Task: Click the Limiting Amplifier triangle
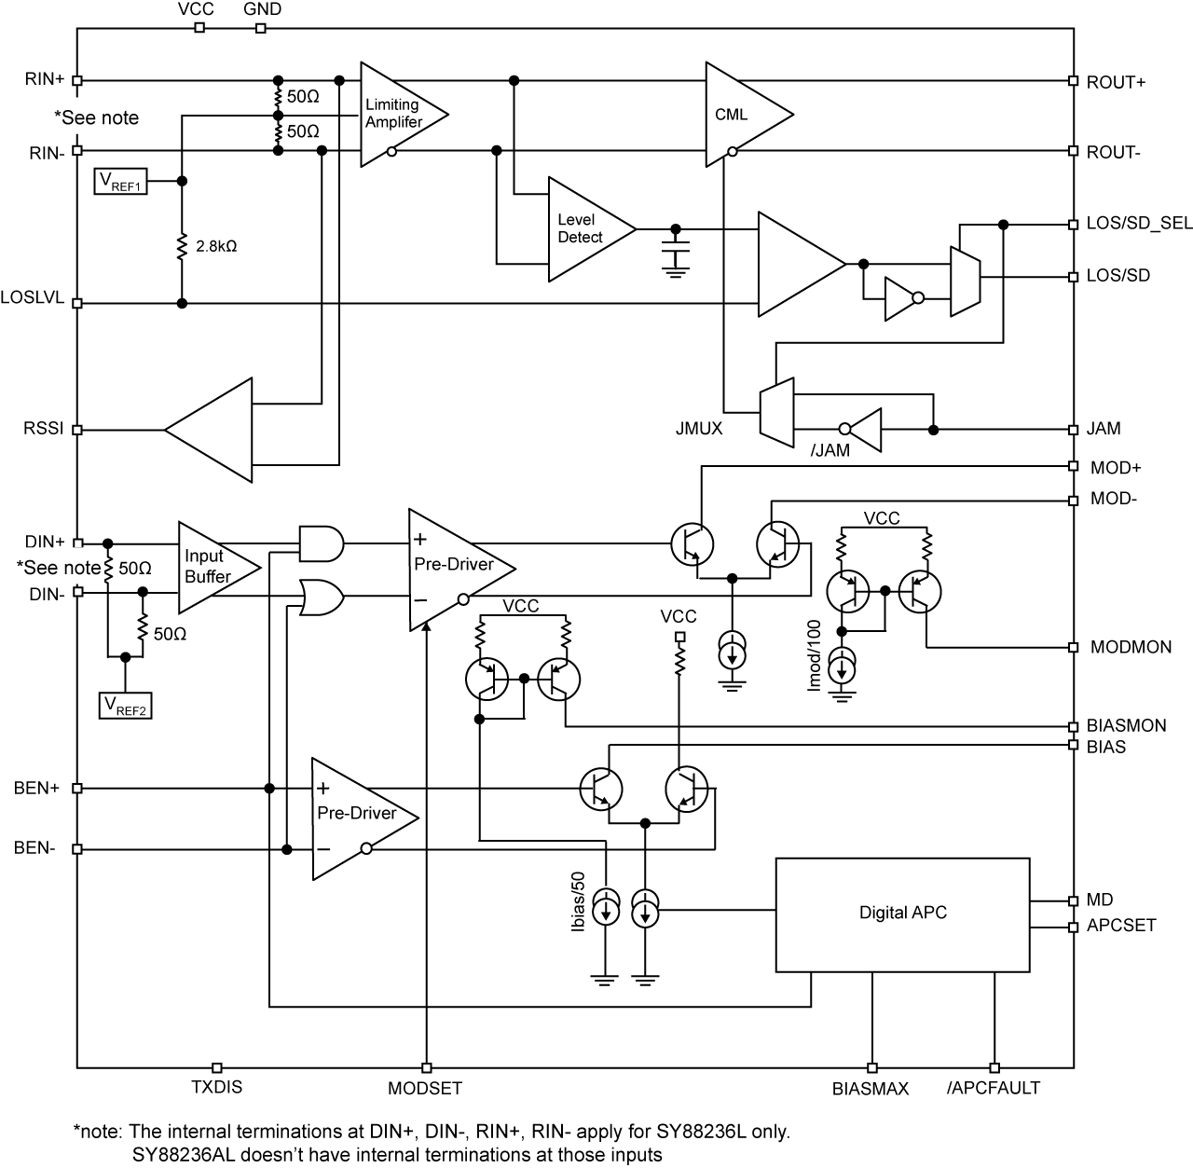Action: point(396,114)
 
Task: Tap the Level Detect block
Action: point(583,228)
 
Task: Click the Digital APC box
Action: point(902,914)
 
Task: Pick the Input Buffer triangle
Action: point(210,567)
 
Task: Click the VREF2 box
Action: point(126,706)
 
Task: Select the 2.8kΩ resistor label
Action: point(216,246)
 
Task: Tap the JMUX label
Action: point(699,430)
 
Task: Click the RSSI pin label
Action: point(43,430)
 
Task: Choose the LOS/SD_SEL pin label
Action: point(1139,225)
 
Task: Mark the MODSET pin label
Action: point(425,1088)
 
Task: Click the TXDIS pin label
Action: point(216,1087)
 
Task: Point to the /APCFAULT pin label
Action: point(994,1088)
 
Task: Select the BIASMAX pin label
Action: point(871,1088)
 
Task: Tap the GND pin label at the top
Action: point(262,9)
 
